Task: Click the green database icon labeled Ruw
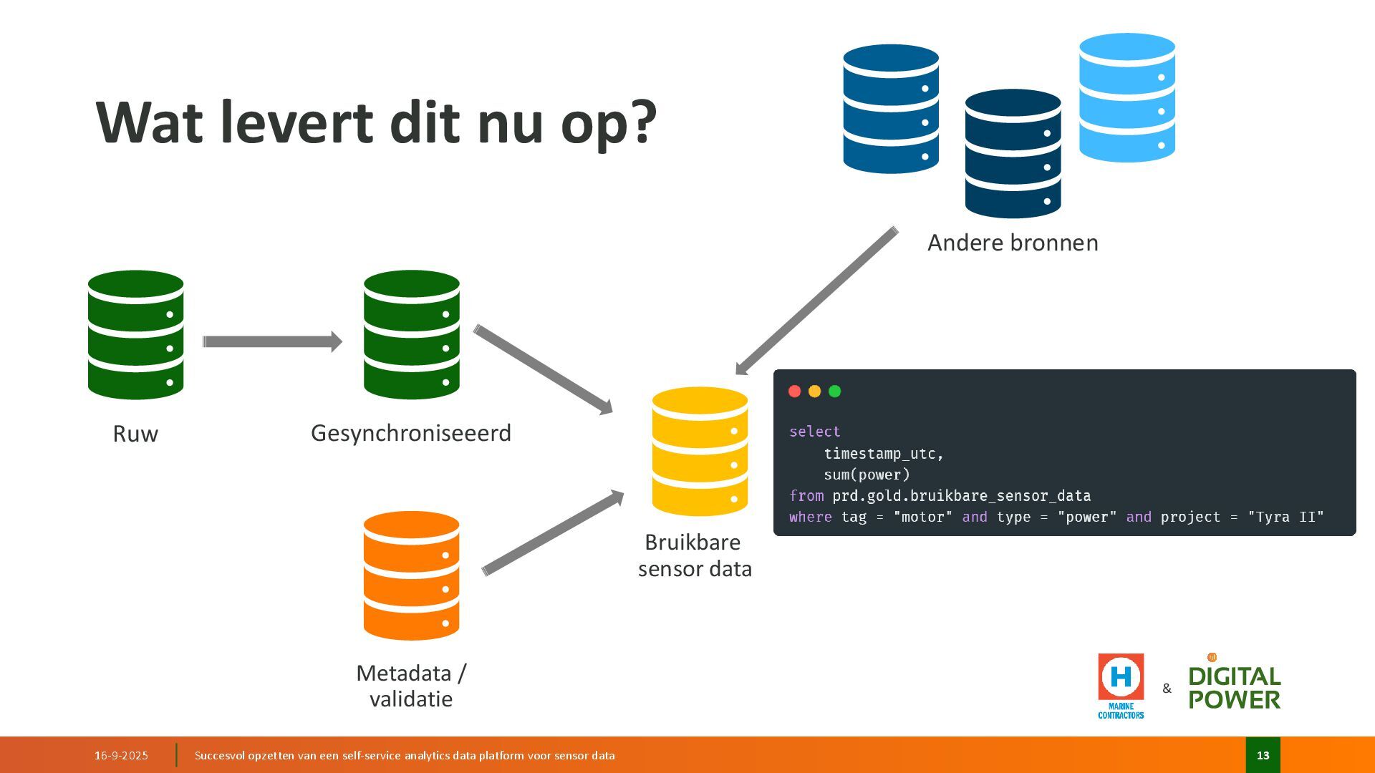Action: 135,334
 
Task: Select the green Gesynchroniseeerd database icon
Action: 411,334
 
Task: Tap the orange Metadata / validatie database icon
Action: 411,575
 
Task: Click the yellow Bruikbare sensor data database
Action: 700,451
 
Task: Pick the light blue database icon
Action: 1126,97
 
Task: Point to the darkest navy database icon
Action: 1013,153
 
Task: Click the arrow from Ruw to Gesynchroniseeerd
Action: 272,341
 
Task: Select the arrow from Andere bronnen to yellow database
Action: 816,301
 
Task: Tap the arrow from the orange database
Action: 553,533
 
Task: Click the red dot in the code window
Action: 794,391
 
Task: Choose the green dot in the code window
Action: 834,391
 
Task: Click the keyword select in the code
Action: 814,432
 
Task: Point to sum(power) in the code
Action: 867,475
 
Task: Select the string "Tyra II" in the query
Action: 1285,517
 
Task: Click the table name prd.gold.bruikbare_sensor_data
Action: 961,496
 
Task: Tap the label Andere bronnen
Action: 1013,243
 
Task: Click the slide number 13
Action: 1263,755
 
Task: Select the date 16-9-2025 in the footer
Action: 121,755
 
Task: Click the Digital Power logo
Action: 1235,686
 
